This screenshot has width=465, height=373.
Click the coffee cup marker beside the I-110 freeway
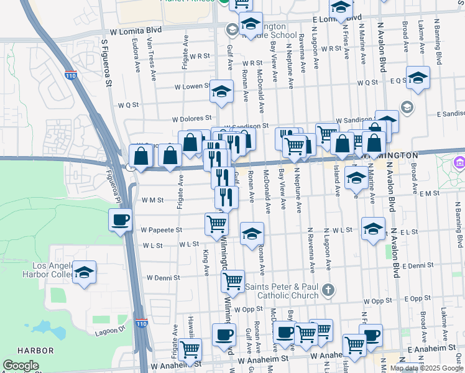pos(120,219)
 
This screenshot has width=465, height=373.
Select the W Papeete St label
pos(161,229)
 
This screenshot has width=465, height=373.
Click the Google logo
pos(21,366)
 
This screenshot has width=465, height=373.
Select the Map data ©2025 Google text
pos(426,368)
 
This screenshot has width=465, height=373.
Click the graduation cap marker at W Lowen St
pos(221,91)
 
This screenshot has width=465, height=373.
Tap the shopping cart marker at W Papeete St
pos(216,223)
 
